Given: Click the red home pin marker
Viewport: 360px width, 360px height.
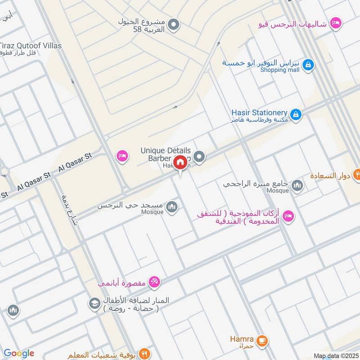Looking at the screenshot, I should tap(180, 162).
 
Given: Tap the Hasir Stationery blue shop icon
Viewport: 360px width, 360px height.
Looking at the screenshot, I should tap(295, 115).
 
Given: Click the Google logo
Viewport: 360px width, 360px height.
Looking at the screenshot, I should tap(19, 354).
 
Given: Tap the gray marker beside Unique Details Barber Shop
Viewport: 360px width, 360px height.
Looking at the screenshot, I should tap(200, 157).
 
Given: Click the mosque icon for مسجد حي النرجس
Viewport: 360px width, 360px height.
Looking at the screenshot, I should tap(171, 207).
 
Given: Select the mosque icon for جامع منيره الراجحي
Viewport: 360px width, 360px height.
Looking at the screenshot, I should tap(297, 185).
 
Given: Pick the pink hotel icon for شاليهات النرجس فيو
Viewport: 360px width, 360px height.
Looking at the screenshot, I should tap(335, 22).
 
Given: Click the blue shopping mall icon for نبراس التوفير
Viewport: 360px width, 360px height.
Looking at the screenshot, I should tap(307, 65).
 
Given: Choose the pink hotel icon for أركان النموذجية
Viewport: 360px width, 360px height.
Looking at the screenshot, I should tap(288, 216).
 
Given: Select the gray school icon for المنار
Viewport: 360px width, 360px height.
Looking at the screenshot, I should tap(94, 303).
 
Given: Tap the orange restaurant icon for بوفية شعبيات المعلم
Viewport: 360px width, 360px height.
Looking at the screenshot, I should tap(144, 353).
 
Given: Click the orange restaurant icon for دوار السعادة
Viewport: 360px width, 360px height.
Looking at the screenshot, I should tap(356, 174).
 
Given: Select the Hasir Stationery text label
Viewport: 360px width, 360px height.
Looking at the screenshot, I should tap(259, 112).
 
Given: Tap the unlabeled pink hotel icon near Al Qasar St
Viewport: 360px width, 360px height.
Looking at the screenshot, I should tap(121, 156).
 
